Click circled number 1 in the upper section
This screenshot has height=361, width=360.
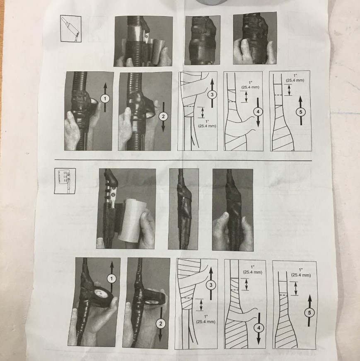[105, 99]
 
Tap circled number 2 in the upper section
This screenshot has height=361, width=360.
[163, 116]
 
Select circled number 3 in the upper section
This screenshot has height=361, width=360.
[212, 94]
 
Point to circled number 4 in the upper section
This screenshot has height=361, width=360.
[258, 111]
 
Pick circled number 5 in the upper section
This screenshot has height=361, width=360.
[301, 112]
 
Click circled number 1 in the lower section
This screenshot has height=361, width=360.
[112, 279]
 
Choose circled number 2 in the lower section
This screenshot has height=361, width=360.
[160, 324]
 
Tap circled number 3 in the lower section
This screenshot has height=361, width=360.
[211, 285]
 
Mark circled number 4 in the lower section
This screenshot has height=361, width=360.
[259, 328]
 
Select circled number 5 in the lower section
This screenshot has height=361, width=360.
[309, 313]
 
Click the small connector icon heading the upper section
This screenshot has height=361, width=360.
[71, 29]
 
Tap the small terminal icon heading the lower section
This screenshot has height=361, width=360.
[65, 181]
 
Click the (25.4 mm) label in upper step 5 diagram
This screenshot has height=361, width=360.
[295, 80]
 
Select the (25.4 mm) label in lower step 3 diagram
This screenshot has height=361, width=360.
[205, 322]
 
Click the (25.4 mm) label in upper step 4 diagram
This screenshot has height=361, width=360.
[250, 87]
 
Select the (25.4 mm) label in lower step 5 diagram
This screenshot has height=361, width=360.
[301, 275]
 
